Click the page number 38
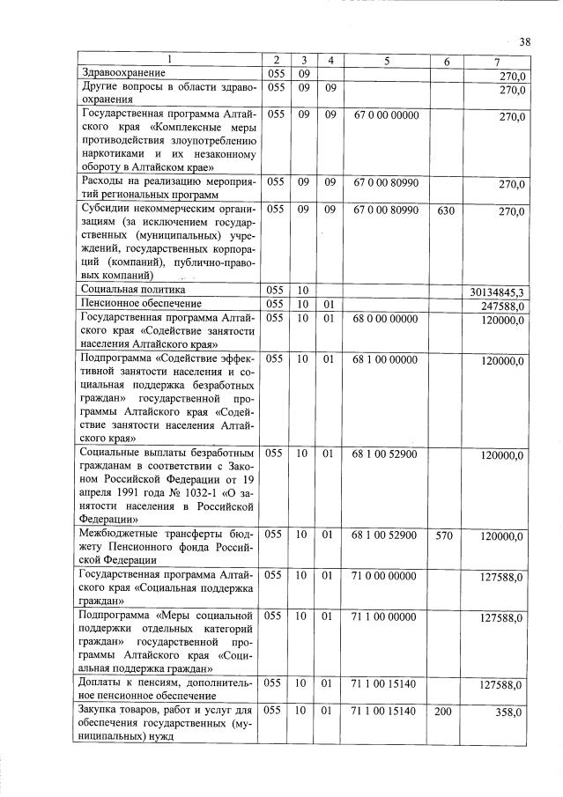525,42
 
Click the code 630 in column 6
446,212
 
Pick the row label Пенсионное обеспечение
137,304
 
